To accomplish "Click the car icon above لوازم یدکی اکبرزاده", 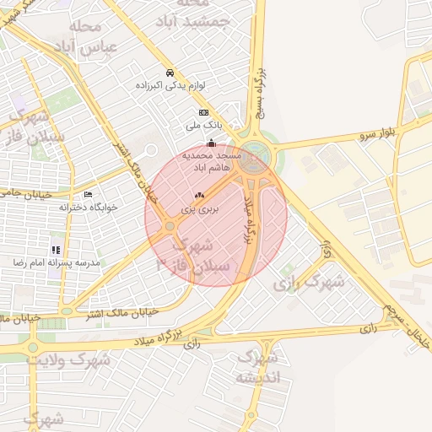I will tap(170, 73).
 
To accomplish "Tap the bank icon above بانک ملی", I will tap(203, 112).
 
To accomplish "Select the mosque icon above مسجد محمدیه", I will tap(211, 143).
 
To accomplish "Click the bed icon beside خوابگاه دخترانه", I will tap(89, 195).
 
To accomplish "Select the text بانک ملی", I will tap(202, 126).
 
